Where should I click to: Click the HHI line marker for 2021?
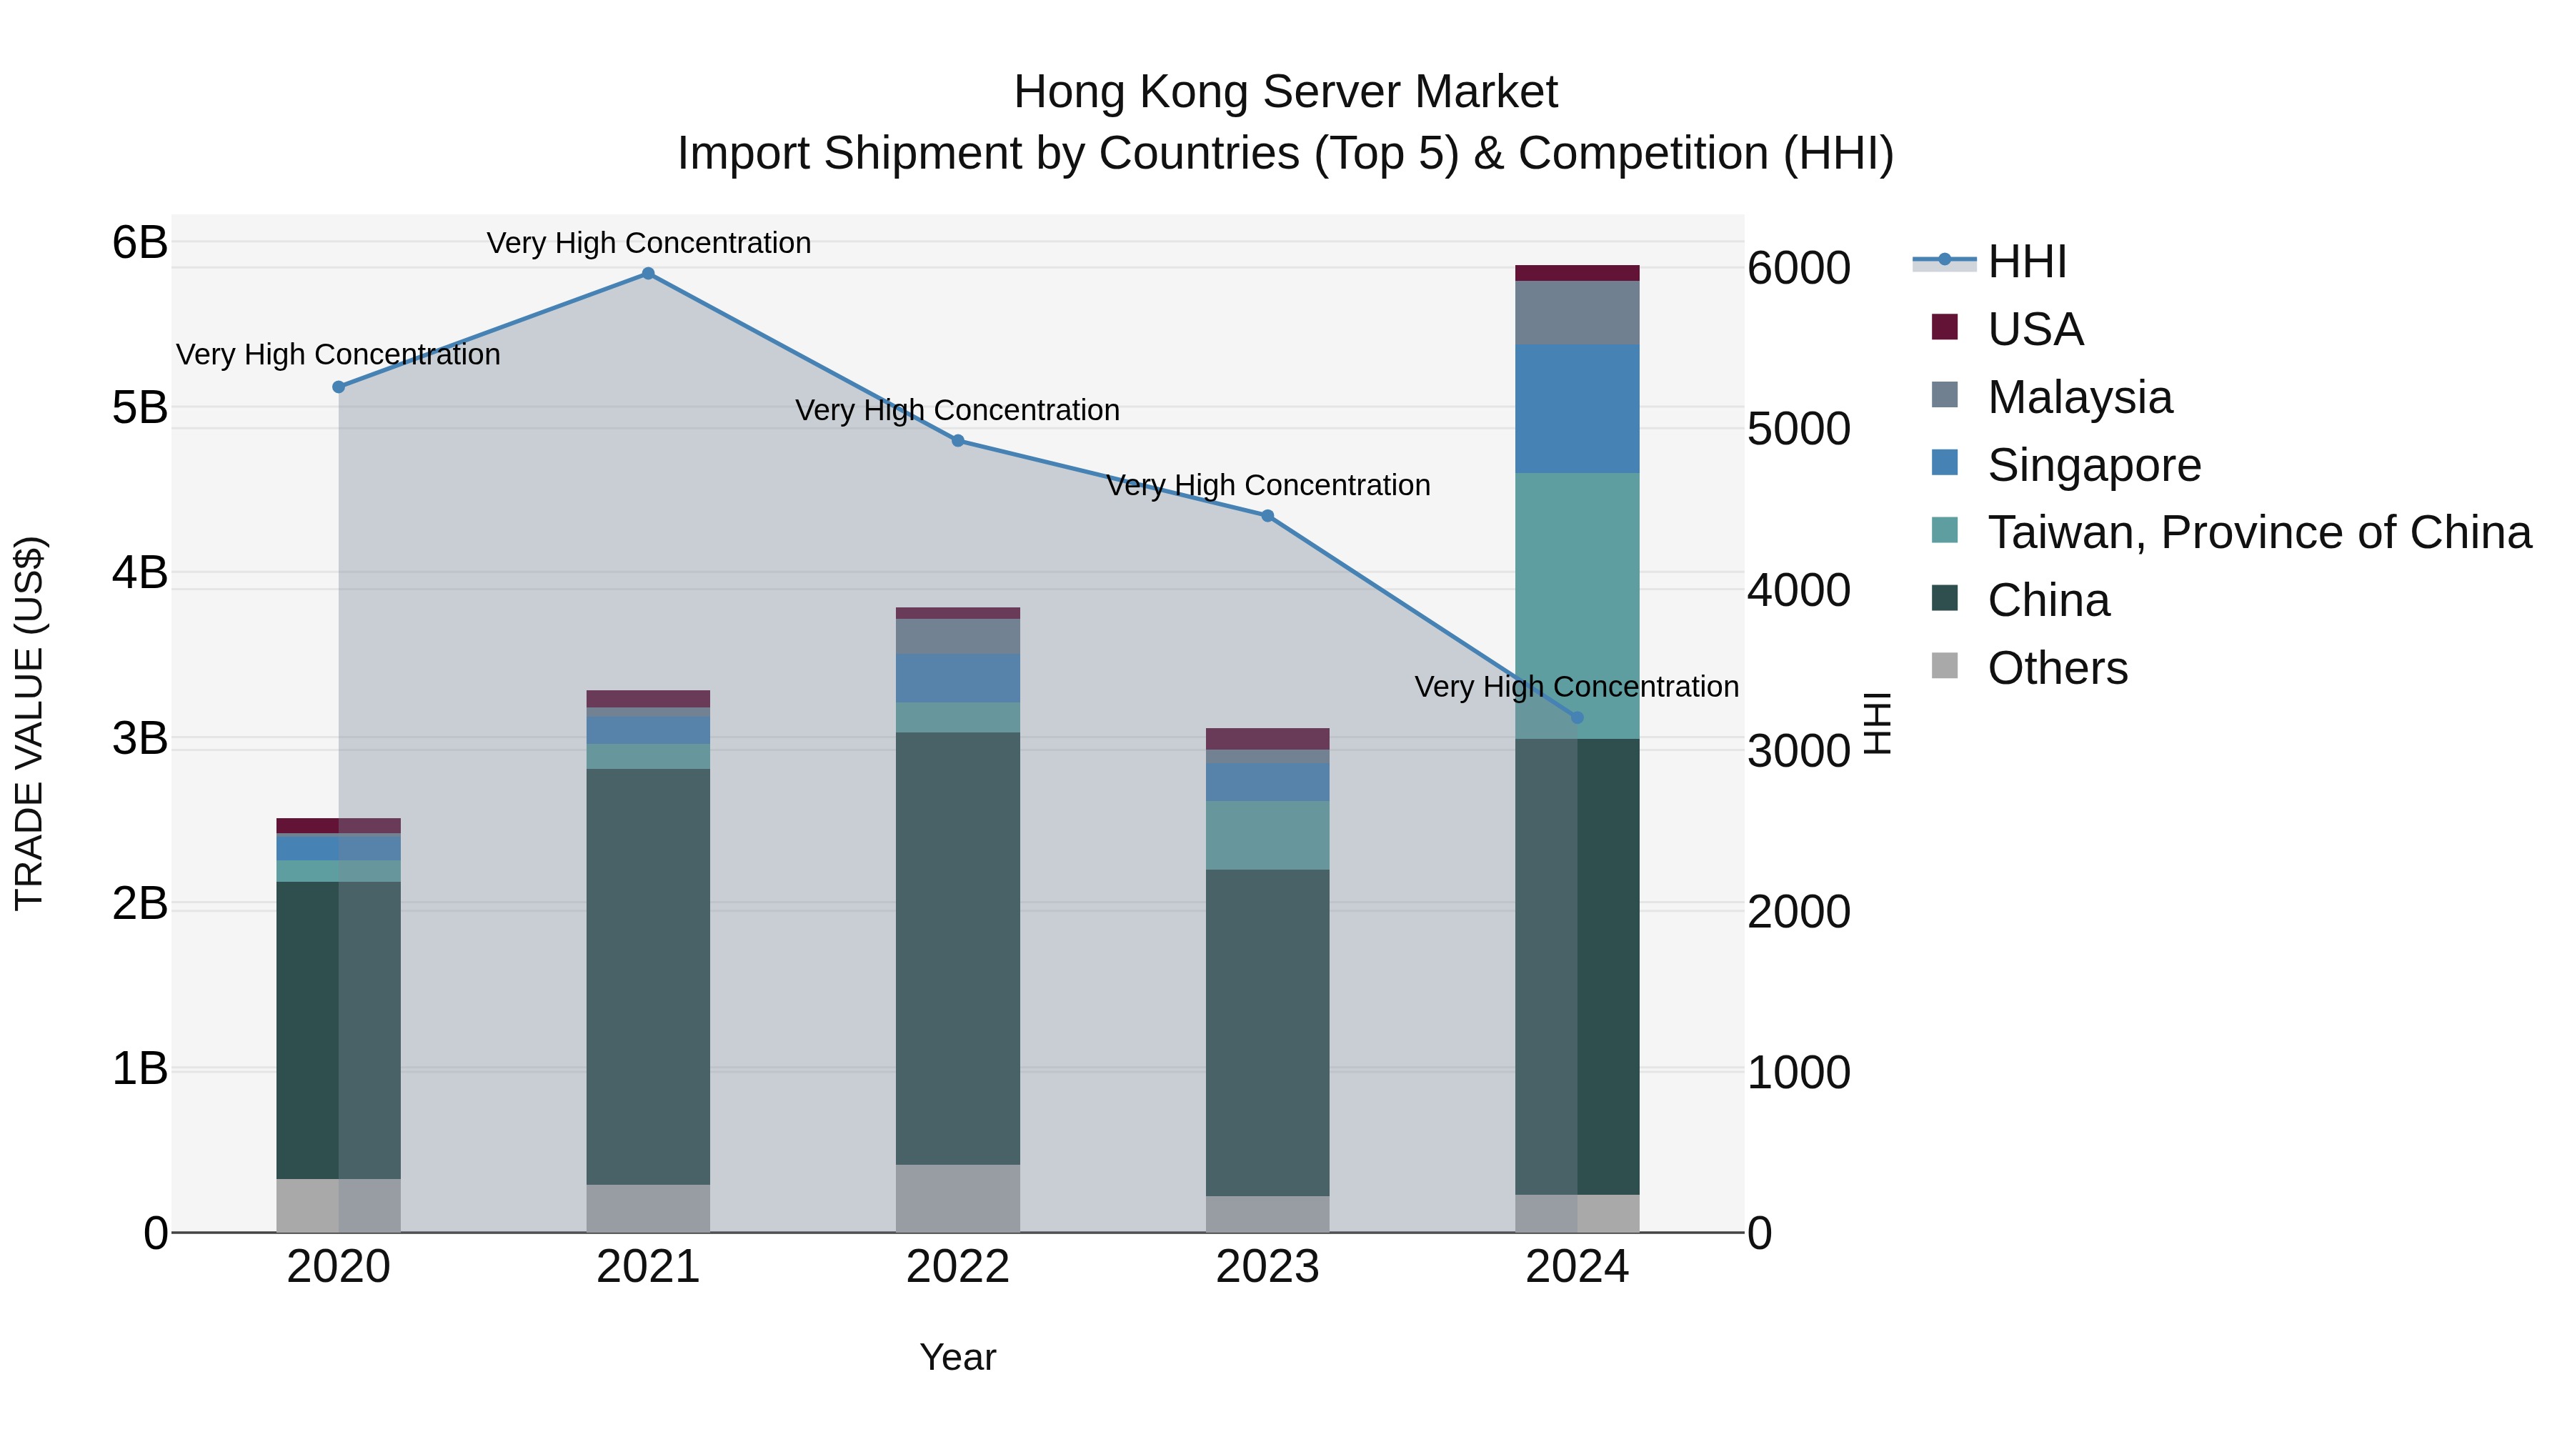click(648, 274)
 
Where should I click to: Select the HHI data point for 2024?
click(1577, 717)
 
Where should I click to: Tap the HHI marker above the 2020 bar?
click(339, 387)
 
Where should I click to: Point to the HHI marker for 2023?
click(1267, 515)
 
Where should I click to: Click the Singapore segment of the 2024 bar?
click(1577, 409)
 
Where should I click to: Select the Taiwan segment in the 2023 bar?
click(1267, 835)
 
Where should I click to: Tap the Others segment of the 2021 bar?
click(648, 1208)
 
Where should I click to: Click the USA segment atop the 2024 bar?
click(1577, 273)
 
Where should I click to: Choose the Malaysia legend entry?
click(2079, 397)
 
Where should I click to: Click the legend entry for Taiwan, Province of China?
click(2258, 532)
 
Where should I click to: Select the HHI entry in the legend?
click(2027, 262)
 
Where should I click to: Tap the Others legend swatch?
click(1944, 666)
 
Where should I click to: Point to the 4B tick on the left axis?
click(140, 572)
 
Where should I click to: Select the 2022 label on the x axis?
click(957, 1267)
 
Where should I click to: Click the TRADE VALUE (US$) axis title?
click(30, 722)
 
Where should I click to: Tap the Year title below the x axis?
click(957, 1357)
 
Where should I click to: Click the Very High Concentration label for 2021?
click(648, 243)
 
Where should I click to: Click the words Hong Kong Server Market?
click(1285, 92)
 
